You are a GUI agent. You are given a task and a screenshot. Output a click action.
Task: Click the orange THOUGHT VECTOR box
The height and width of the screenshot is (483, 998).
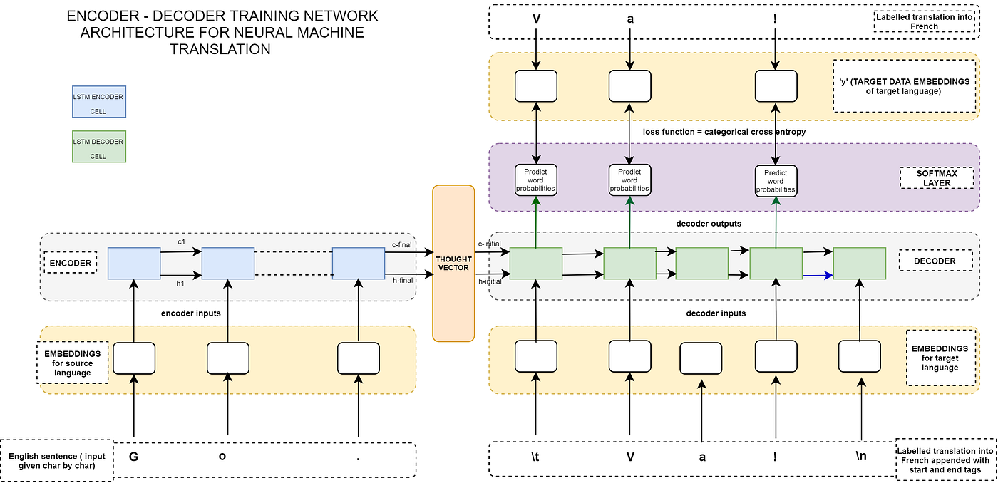pos(453,264)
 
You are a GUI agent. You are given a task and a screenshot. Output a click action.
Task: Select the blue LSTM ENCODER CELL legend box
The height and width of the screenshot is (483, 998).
pos(99,101)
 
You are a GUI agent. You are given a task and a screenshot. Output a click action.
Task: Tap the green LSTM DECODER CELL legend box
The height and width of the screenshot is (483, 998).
pos(99,146)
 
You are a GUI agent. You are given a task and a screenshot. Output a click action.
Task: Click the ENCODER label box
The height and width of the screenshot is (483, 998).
pos(71,263)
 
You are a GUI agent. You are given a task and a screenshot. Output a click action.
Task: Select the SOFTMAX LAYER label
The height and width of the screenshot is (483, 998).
pos(935,178)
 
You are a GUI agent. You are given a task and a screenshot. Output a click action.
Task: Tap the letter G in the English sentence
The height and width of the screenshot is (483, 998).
pos(133,457)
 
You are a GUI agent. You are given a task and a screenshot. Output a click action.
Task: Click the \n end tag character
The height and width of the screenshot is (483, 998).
pos(861,456)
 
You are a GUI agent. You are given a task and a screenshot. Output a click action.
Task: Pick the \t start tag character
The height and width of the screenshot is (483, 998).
pos(535,457)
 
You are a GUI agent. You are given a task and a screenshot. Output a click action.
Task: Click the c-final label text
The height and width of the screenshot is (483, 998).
pos(403,244)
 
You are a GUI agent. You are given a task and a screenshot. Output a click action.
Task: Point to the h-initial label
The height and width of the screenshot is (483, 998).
pos(489,281)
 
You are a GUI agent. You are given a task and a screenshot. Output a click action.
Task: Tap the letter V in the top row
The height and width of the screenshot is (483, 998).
pos(535,20)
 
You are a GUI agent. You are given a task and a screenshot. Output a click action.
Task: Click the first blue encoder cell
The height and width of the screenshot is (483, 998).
pos(134,263)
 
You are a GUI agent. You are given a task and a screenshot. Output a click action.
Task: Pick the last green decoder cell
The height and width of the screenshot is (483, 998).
pos(860,263)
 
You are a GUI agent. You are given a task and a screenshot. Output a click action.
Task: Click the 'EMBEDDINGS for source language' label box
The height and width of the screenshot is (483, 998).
pos(72,363)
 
